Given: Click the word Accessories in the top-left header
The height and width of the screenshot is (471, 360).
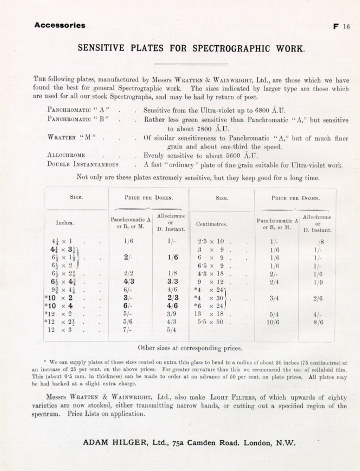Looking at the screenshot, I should pyautogui.click(x=60, y=25).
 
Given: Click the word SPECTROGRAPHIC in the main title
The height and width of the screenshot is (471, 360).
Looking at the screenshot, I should pyautogui.click(x=231, y=49).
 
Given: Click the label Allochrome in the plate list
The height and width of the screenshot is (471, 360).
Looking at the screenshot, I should pyautogui.click(x=66, y=155).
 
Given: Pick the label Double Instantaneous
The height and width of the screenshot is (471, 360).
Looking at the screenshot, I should pyautogui.click(x=83, y=164).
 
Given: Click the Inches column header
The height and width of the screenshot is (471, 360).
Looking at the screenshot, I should pyautogui.click(x=65, y=223).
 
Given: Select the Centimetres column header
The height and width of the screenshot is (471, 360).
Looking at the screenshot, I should pyautogui.click(x=211, y=224).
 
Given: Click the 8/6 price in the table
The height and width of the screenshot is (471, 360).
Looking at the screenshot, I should pyautogui.click(x=318, y=322).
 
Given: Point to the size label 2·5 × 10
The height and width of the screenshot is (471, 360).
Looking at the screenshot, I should pyautogui.click(x=211, y=241).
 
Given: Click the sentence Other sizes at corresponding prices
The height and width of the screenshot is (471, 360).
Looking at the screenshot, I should pyautogui.click(x=190, y=348).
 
